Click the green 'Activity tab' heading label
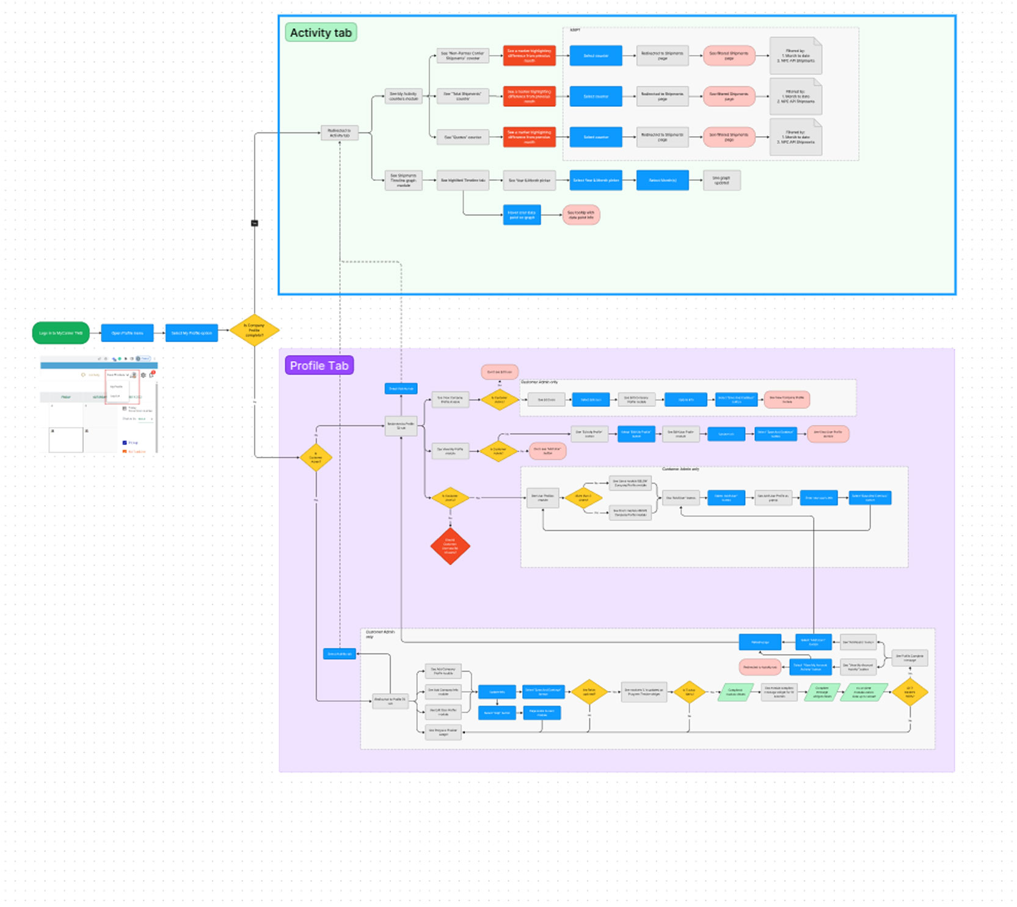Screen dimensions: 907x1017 (321, 33)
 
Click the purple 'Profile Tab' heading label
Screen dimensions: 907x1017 (319, 366)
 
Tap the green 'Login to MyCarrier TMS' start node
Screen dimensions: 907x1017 (60, 333)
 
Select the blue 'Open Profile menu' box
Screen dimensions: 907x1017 (127, 333)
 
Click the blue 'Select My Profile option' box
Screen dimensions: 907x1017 (192, 333)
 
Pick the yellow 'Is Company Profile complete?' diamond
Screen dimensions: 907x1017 (254, 330)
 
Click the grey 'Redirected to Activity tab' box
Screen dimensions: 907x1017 (339, 133)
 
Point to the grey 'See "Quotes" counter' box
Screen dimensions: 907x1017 (462, 137)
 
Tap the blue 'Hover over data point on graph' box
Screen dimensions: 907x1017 (522, 215)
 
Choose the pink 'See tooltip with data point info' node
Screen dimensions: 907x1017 (581, 215)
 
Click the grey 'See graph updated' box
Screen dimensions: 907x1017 (721, 180)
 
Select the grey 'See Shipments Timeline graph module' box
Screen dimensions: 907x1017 (403, 180)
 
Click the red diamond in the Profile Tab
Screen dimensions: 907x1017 (450, 545)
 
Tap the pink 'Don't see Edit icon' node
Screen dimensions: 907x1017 (500, 371)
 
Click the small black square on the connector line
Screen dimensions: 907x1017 (255, 223)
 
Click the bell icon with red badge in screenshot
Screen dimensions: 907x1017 (152, 374)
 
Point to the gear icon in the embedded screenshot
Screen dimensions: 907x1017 (144, 375)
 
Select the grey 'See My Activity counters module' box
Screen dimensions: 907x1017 (403, 96)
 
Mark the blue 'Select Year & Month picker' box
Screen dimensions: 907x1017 (596, 180)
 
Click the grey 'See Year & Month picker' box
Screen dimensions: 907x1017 (529, 180)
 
